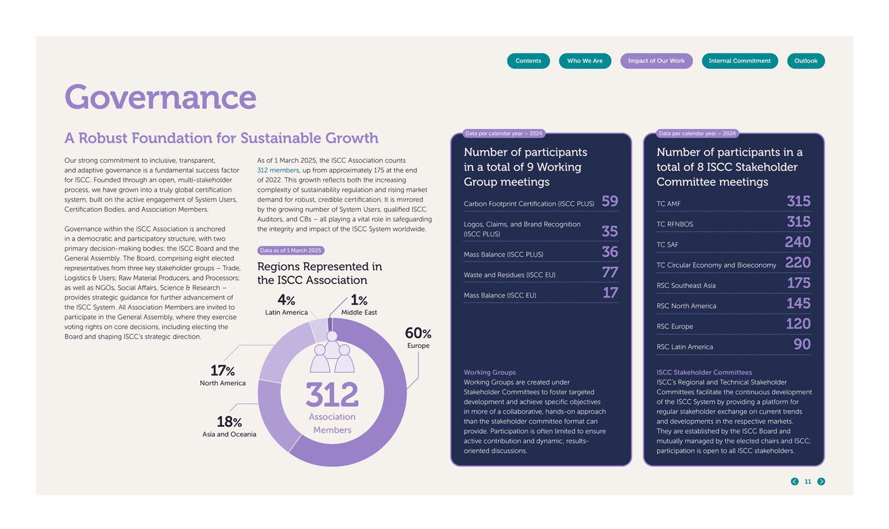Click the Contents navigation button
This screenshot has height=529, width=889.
click(x=528, y=61)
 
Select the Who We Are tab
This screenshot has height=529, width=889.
click(x=585, y=61)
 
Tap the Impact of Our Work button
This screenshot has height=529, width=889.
click(x=656, y=61)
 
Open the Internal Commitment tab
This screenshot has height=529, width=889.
click(x=740, y=61)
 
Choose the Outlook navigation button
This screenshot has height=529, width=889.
click(x=806, y=61)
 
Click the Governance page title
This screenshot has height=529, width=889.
click(x=160, y=97)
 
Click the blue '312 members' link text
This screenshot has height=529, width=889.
click(x=278, y=170)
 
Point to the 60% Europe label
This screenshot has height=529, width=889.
click(x=418, y=337)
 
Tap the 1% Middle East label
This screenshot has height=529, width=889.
click(x=359, y=305)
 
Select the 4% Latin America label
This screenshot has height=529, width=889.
click(x=286, y=305)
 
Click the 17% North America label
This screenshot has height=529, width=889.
click(x=222, y=375)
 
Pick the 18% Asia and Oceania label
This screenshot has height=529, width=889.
click(x=229, y=427)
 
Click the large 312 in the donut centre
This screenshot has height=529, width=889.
click(x=332, y=395)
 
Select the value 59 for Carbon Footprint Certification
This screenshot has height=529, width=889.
click(x=609, y=201)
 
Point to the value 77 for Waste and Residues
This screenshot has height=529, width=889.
click(x=609, y=272)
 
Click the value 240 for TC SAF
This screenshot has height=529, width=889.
click(x=797, y=243)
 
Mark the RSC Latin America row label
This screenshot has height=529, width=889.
click(x=684, y=347)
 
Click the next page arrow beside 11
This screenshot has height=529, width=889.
click(x=821, y=482)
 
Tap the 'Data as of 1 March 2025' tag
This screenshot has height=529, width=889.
click(x=291, y=251)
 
